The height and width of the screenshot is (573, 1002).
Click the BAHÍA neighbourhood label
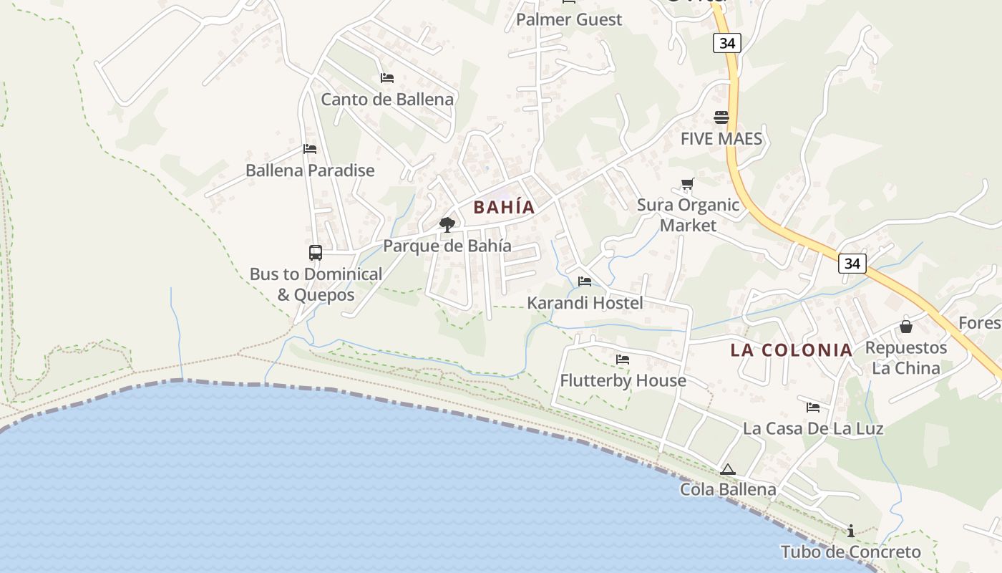[504, 207]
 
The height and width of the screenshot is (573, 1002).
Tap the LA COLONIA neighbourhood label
[791, 350]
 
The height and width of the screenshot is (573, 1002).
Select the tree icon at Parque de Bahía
[447, 225]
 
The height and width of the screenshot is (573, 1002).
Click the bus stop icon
[316, 252]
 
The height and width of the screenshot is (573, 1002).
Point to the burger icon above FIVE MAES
[721, 117]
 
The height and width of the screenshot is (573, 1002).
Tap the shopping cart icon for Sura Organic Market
[688, 184]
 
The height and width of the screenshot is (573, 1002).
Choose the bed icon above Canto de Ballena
[387, 77]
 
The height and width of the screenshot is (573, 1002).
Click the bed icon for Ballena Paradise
[310, 149]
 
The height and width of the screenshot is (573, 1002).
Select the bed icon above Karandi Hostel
[585, 281]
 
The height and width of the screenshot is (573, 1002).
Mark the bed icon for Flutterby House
[623, 359]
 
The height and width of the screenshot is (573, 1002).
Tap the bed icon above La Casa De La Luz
[813, 407]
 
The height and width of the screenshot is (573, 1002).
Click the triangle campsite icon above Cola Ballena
[728, 470]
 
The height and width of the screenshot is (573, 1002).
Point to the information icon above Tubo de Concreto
[851, 531]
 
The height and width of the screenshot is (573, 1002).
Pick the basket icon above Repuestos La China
[906, 327]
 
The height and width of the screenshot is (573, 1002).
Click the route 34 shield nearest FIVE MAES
[727, 43]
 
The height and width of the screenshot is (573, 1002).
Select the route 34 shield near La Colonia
[852, 264]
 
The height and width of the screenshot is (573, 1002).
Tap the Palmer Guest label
[569, 19]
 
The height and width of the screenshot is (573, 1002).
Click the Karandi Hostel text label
[585, 303]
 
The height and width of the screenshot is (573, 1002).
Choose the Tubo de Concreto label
[850, 552]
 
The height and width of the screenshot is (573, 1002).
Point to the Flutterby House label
[623, 380]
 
